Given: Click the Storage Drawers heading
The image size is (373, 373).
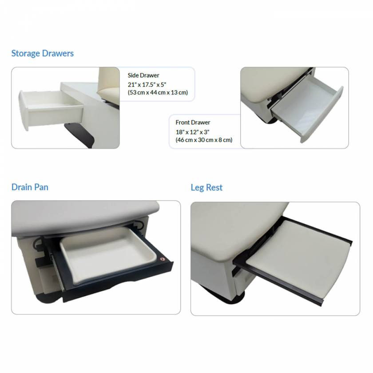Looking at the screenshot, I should point(43,53).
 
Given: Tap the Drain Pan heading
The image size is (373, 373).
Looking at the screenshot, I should point(30,187).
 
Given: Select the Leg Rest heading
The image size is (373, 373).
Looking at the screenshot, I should point(206,187).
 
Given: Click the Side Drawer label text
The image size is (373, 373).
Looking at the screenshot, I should point(143,75).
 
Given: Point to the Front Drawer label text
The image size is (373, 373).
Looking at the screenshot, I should point(193,123).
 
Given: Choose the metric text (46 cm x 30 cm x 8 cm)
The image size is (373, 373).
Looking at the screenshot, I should point(204,140).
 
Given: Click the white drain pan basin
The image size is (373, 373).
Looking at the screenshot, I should point(107,253).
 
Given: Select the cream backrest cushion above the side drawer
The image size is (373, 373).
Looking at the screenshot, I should point(108,82).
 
